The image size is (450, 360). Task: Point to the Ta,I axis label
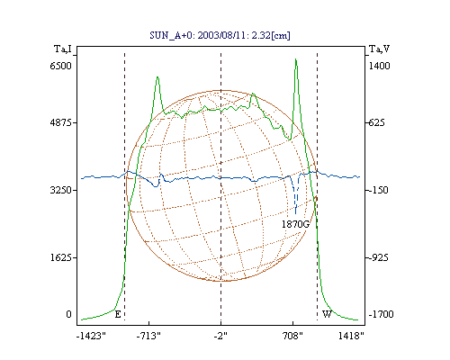click(63, 49)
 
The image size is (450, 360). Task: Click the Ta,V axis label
click(380, 49)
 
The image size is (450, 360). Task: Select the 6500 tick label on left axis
click(61, 66)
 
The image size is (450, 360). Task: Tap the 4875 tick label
click(61, 122)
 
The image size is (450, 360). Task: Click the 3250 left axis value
click(61, 190)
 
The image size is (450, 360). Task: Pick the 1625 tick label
click(61, 257)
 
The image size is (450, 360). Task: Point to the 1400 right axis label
click(379, 66)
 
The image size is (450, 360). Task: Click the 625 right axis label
click(376, 122)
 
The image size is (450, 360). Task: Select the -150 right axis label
click(378, 190)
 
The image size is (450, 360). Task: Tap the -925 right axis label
click(378, 257)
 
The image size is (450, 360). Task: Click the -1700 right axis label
click(381, 314)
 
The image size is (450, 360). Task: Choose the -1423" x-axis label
click(91, 336)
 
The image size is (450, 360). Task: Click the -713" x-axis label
click(148, 336)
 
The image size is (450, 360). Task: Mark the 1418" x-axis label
click(351, 336)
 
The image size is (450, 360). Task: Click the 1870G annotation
click(295, 224)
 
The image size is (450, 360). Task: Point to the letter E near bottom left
click(118, 314)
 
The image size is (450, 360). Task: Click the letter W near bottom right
click(327, 314)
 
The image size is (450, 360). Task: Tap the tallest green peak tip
click(296, 59)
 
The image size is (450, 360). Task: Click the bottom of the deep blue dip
click(296, 213)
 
